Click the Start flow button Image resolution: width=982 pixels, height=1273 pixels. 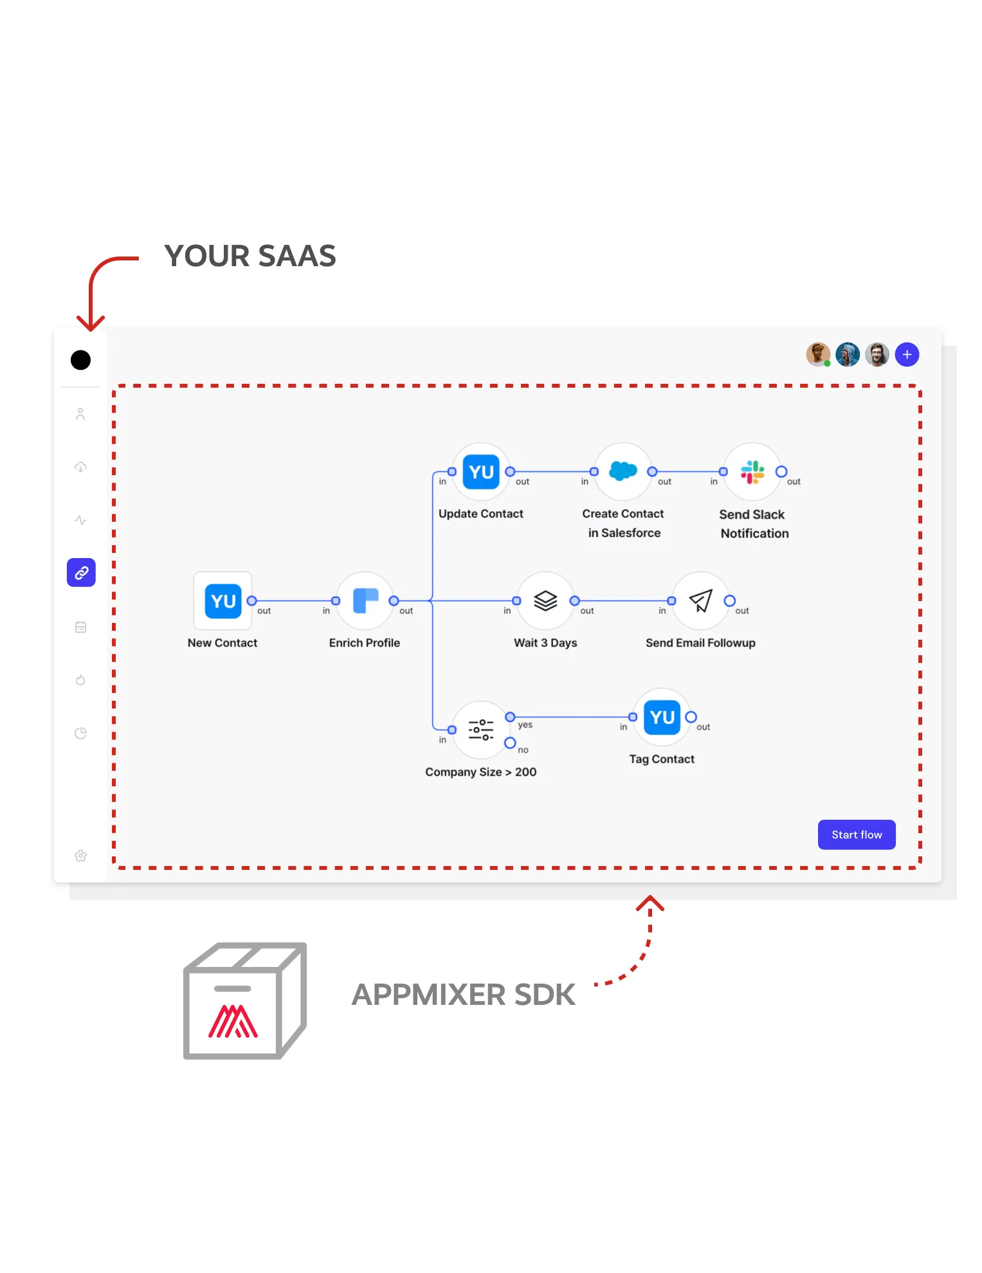856,835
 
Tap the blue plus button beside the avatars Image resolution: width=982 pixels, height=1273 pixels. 907,354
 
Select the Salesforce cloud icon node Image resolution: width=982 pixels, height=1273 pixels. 623,471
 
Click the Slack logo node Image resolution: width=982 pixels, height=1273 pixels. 752,472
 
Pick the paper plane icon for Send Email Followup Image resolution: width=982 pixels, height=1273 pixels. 700,601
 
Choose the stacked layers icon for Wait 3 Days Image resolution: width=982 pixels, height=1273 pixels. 545,601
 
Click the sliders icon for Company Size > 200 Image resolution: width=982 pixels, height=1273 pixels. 480,730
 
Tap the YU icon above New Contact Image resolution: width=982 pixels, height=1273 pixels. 223,601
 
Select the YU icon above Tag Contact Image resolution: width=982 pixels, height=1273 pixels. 662,717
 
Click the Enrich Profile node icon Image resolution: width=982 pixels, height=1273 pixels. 365,601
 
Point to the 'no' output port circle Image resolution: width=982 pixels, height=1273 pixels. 510,743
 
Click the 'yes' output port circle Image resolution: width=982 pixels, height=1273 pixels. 510,717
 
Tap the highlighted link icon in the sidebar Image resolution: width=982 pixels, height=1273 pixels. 81,573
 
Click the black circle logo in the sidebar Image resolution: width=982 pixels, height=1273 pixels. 80,360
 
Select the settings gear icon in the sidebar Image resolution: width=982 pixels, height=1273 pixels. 80,856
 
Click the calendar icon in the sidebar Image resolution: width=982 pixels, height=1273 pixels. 80,627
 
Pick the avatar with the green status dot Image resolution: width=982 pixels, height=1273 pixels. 818,354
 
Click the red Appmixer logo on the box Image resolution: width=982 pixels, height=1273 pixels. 233,1021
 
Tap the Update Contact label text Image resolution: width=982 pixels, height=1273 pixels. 480,514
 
